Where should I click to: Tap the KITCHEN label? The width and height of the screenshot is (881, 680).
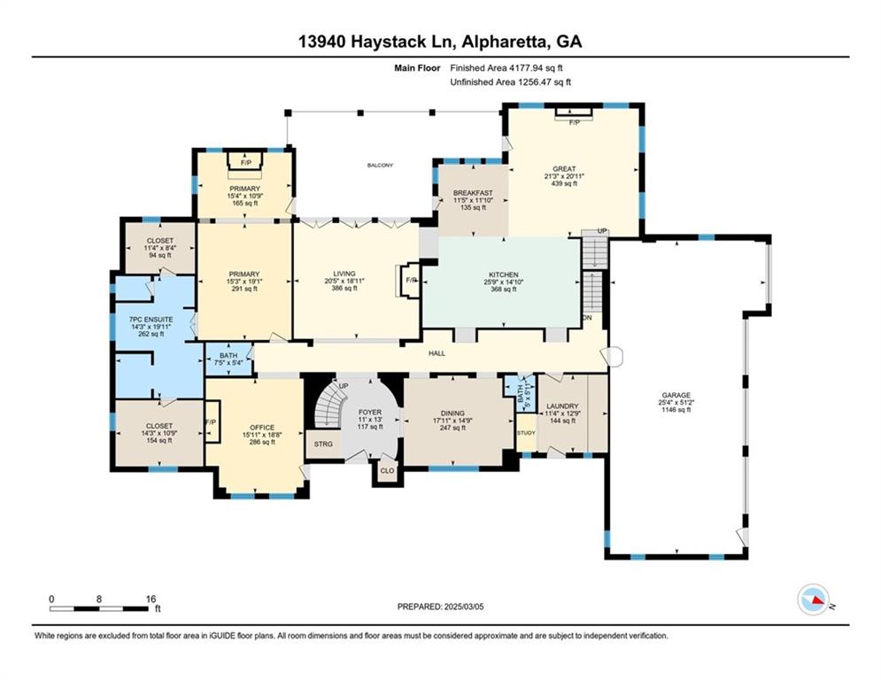click(502, 275)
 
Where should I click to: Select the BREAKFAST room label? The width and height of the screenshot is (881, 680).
click(472, 194)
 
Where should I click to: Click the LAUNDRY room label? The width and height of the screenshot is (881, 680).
click(562, 406)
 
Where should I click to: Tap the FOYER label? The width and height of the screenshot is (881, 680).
click(369, 413)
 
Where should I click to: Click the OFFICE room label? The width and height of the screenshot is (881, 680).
click(261, 425)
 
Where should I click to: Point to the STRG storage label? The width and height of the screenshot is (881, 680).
click(323, 443)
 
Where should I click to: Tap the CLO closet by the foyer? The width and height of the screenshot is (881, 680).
click(387, 470)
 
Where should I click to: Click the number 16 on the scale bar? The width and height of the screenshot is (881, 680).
click(150, 599)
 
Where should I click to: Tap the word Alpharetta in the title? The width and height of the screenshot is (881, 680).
click(491, 42)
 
